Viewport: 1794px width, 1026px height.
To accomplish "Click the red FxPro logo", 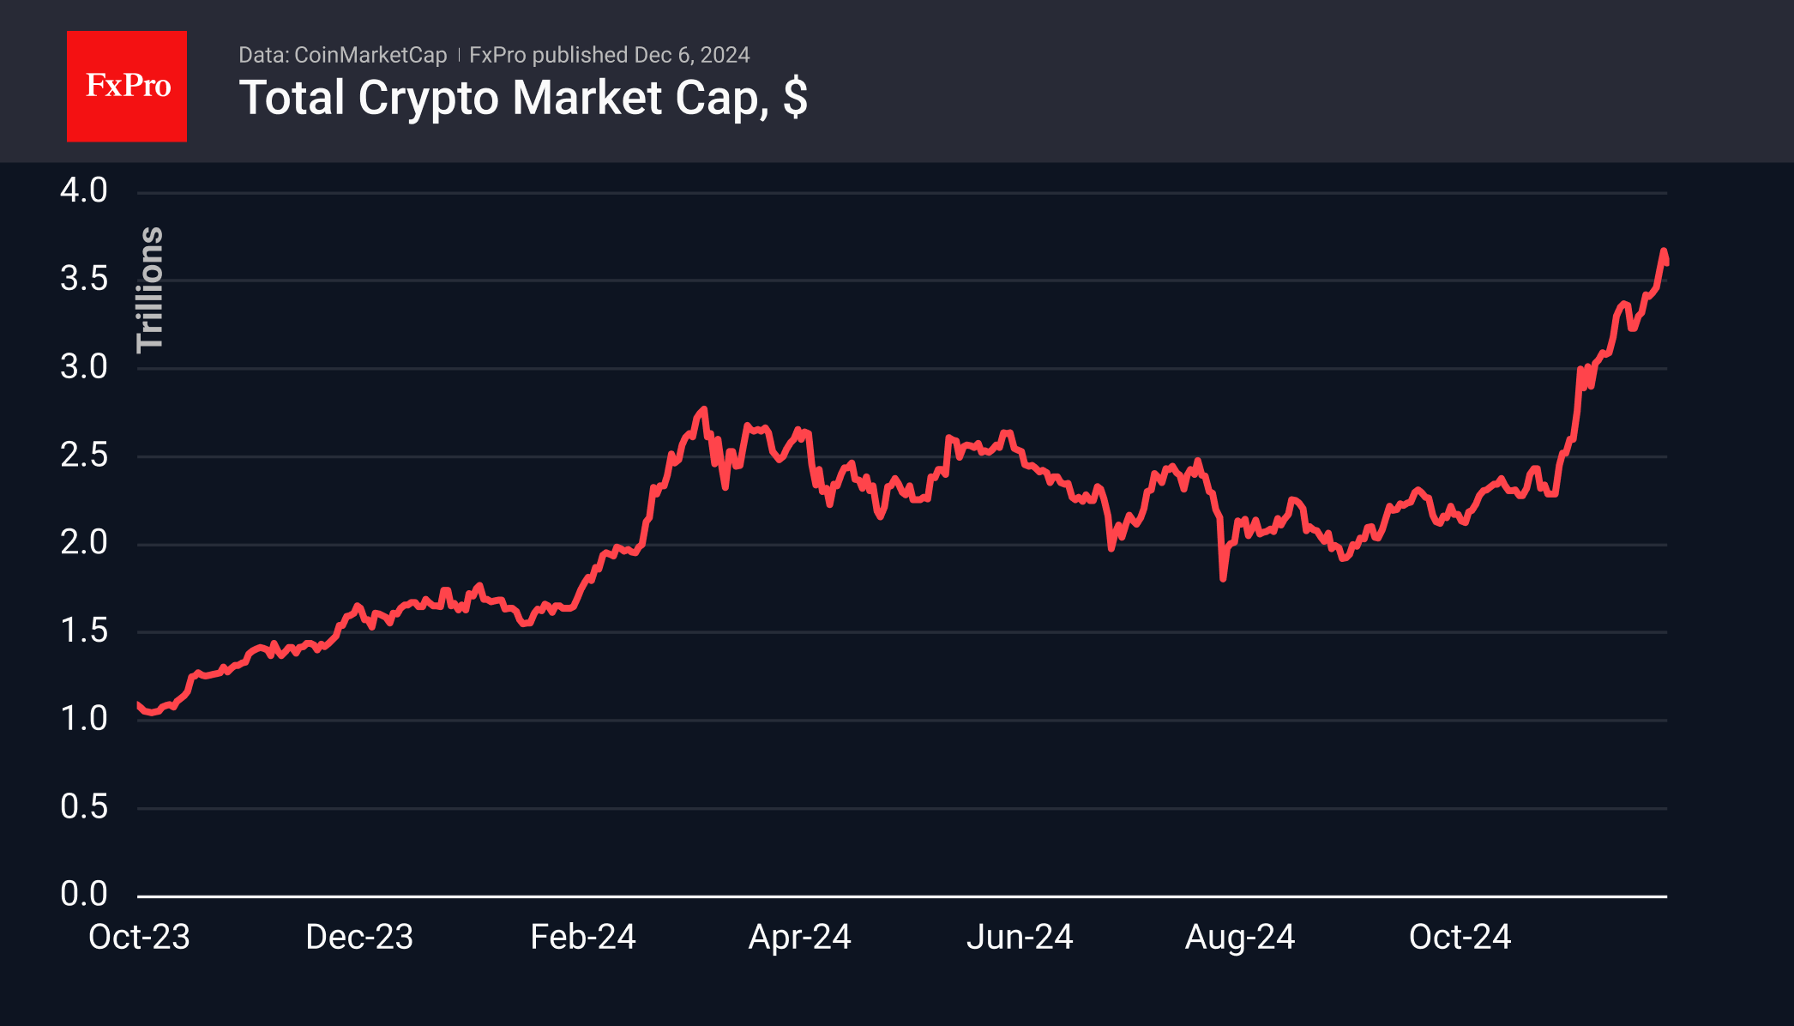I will click(x=127, y=86).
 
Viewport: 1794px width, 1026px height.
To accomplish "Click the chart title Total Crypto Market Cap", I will click(x=497, y=98).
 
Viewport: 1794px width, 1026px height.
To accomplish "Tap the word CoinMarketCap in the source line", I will click(x=370, y=55).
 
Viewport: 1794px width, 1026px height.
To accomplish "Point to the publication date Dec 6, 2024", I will click(x=692, y=55).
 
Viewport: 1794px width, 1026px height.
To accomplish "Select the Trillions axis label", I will click(x=150, y=290).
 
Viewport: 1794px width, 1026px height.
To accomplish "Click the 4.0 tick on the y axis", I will click(x=84, y=190).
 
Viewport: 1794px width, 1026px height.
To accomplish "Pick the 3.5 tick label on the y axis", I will click(x=84, y=279).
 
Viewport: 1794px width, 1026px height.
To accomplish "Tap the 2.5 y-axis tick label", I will click(x=84, y=455).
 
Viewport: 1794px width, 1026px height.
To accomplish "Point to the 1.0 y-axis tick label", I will click(x=84, y=718).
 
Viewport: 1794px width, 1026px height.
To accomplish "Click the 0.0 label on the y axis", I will click(x=84, y=894).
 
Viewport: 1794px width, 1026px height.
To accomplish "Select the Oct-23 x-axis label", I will click(x=139, y=937).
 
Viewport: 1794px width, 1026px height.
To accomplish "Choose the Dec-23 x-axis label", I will click(x=359, y=937).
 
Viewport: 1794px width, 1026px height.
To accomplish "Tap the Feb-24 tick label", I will click(x=583, y=937).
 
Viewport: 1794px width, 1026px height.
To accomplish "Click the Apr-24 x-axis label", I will click(x=800, y=937).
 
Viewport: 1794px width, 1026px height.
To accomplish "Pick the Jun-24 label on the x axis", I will click(x=1020, y=937).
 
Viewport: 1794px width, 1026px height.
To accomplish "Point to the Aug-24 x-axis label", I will click(x=1240, y=937).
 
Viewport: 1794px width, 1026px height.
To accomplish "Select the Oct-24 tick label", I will click(x=1460, y=937).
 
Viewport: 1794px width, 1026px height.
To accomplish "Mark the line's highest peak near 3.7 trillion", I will click(x=1664, y=251).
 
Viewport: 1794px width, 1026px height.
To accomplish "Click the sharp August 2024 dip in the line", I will click(x=1223, y=577).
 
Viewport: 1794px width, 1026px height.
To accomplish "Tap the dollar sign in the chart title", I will click(x=795, y=98).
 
